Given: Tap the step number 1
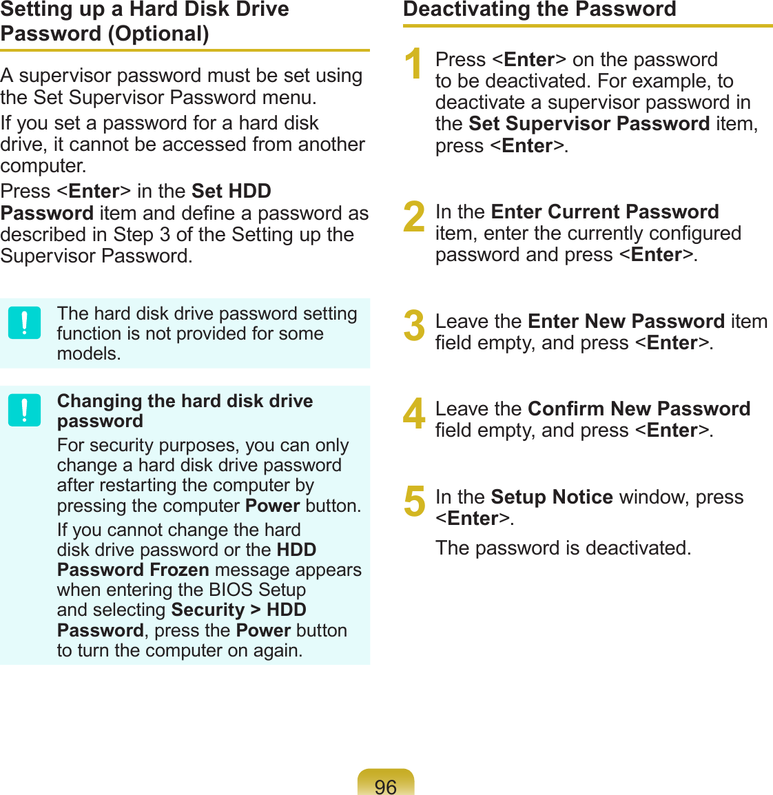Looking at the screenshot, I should [x=413, y=64].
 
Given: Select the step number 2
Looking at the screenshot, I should [x=414, y=216].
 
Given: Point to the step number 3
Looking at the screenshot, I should [x=414, y=326].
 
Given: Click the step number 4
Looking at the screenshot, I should [x=414, y=413].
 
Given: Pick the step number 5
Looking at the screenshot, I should [x=414, y=501].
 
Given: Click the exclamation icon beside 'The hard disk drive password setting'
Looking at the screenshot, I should [x=25, y=323].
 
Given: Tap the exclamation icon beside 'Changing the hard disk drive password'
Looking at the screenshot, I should [x=25, y=411].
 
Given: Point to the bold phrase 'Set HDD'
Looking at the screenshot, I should [x=231, y=191].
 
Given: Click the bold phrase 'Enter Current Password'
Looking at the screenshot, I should [x=605, y=211].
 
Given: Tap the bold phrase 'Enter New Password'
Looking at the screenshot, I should [x=626, y=321].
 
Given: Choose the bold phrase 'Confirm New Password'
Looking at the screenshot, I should [x=639, y=409].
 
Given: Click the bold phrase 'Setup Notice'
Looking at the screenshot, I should [x=552, y=497].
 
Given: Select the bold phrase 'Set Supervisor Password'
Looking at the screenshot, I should [x=589, y=124].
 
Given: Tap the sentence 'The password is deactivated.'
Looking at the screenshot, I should [x=563, y=548].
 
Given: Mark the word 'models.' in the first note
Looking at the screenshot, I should [x=89, y=353].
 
